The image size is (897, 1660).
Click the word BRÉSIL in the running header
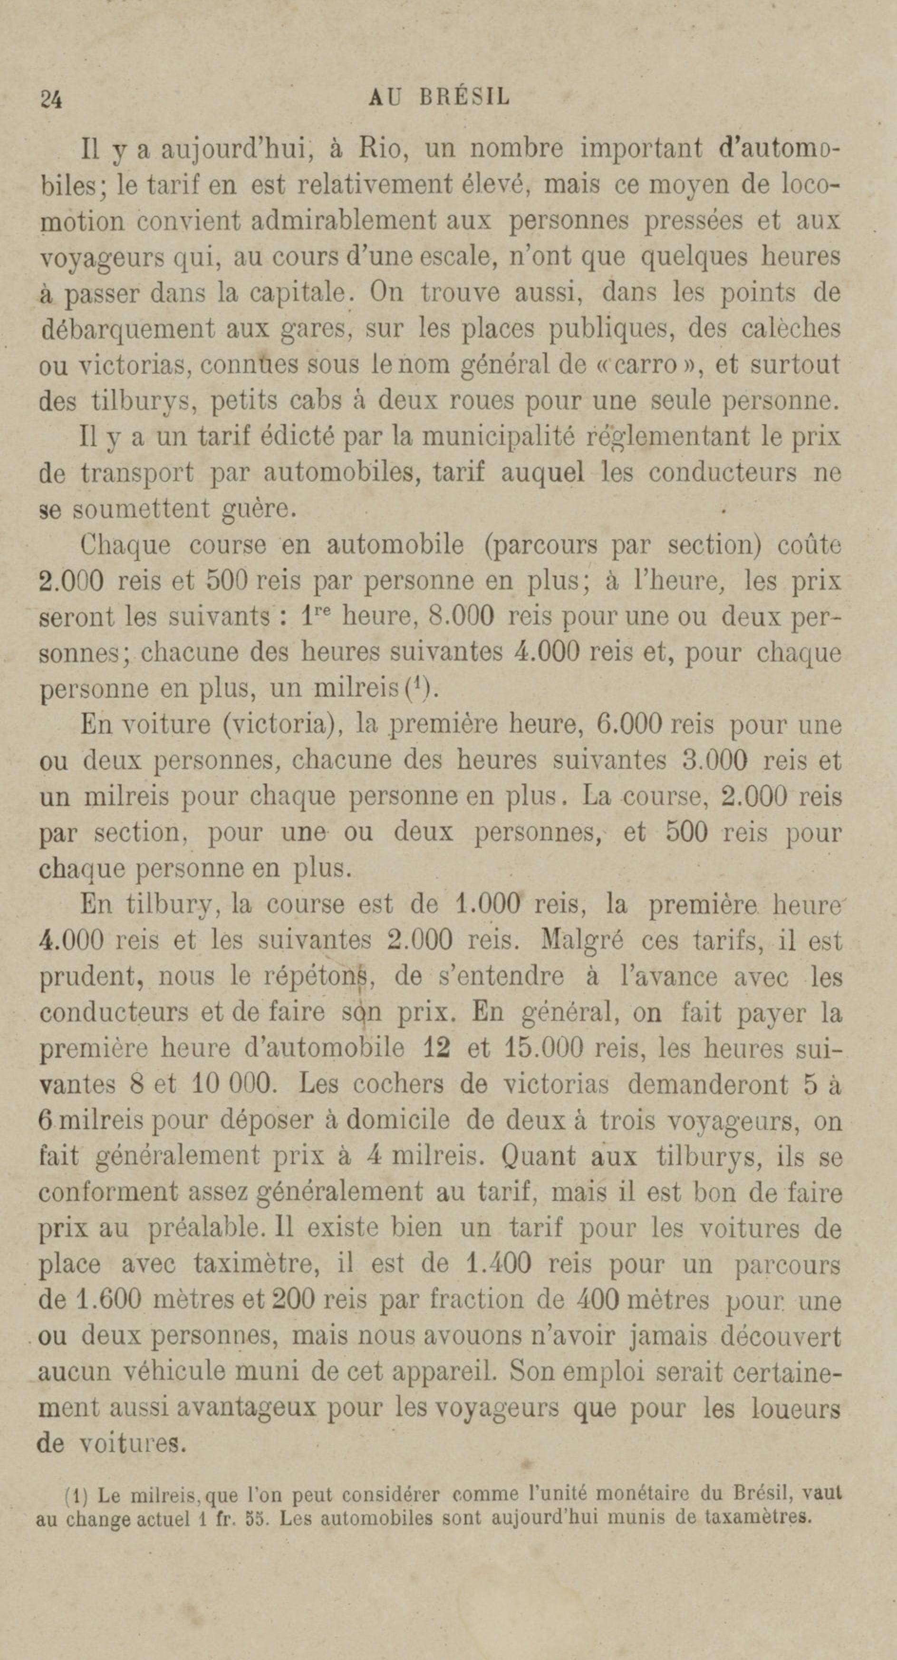[x=464, y=97]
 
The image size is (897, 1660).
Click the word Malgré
[x=582, y=941]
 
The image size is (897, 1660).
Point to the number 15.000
[x=543, y=1049]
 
